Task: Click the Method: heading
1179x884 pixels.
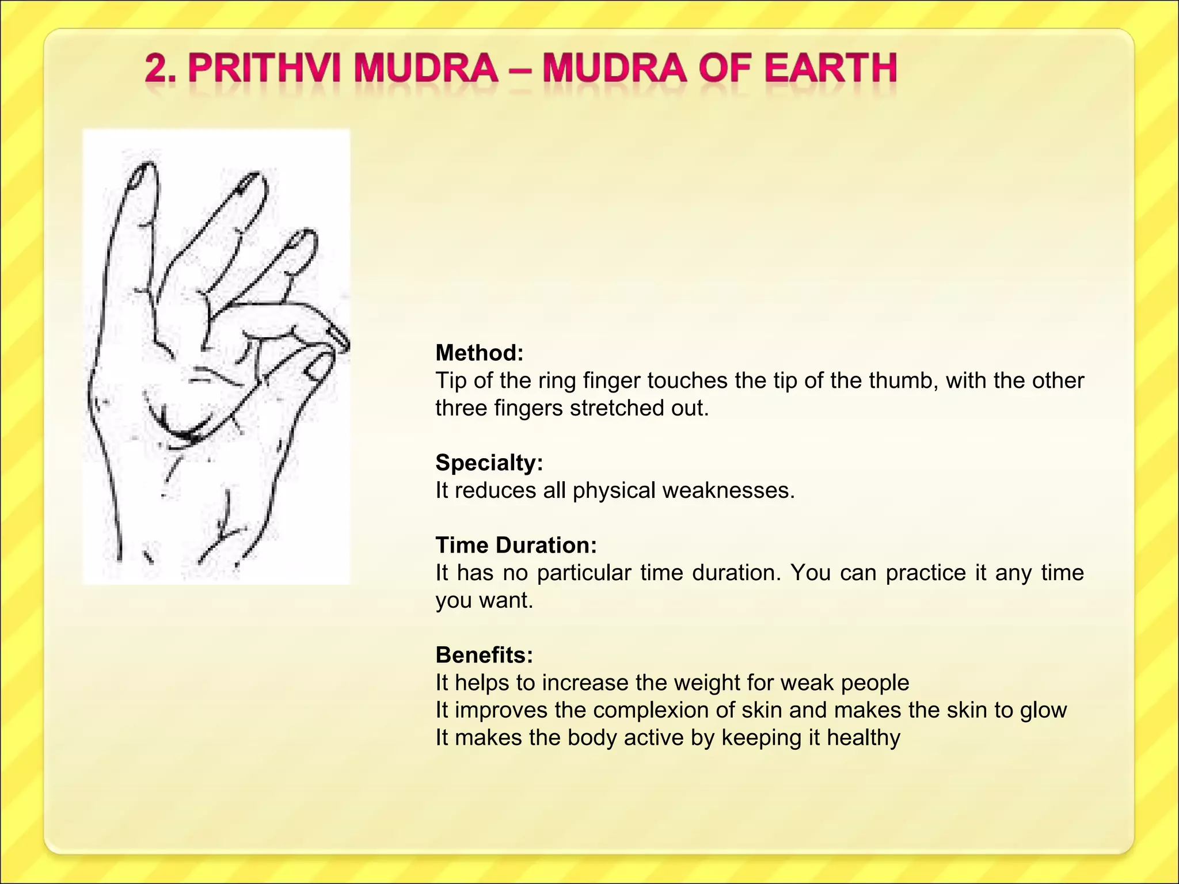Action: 480,353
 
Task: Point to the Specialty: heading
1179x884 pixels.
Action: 489,463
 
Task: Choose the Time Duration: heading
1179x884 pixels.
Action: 516,545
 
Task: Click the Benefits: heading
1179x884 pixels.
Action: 484,655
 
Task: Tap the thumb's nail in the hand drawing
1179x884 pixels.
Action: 315,368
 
